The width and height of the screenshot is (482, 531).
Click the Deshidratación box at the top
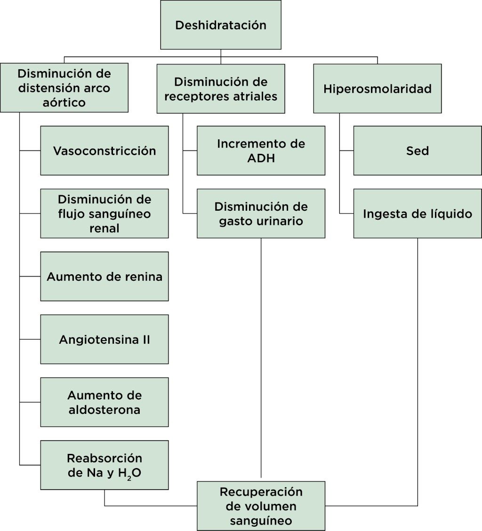[221, 25]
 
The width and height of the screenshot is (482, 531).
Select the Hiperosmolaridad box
[378, 88]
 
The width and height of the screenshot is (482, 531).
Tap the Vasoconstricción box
[104, 151]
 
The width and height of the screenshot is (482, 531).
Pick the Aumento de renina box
[104, 276]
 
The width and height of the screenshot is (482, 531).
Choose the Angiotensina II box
[104, 339]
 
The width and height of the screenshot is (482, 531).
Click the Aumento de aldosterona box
[104, 402]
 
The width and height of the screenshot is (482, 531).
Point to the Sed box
[418, 151]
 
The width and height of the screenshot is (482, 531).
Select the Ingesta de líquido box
[418, 214]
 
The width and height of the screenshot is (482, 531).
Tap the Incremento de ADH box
[261, 151]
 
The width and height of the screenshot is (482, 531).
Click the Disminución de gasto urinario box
[261, 214]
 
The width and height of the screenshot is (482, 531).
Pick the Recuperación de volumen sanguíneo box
[261, 506]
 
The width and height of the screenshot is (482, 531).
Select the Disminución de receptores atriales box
[221, 88]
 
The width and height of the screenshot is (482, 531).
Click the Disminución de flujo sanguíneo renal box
[104, 214]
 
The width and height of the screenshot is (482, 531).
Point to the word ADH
[261, 158]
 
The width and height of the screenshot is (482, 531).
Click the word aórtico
[64, 103]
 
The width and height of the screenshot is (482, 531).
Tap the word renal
[104, 228]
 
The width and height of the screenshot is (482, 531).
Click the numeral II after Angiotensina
[145, 339]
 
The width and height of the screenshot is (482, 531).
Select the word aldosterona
[104, 409]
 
